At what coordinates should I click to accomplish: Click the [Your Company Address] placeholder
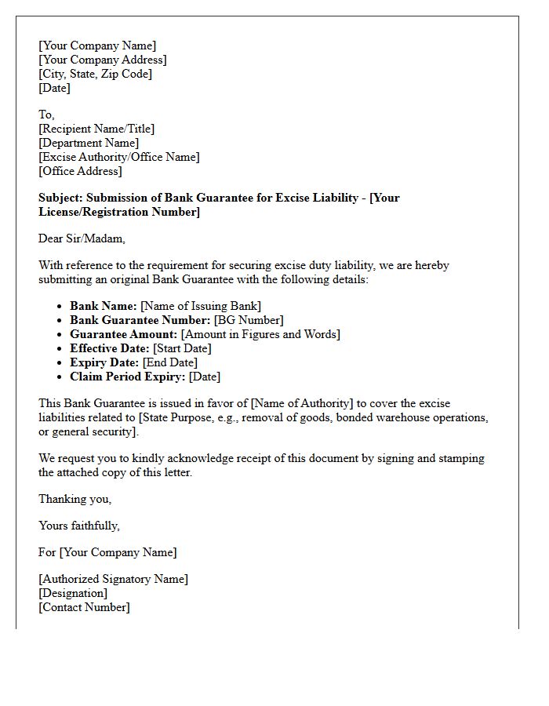(102, 60)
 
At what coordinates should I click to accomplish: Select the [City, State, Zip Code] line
(95, 74)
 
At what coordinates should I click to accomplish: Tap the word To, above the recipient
(47, 115)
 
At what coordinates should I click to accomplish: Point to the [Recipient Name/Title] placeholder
(96, 129)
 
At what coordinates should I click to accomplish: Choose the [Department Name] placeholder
(89, 143)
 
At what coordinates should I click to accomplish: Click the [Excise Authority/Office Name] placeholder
(118, 157)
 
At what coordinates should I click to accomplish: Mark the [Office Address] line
(80, 171)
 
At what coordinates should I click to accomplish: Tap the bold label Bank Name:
(104, 306)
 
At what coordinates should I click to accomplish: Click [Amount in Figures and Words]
(260, 334)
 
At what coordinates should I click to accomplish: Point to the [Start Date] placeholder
(182, 348)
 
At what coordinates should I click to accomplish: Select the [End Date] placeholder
(170, 362)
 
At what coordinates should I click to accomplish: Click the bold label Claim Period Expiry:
(128, 377)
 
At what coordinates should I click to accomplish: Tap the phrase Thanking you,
(75, 499)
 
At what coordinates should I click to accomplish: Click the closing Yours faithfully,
(79, 526)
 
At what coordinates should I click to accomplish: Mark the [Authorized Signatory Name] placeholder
(113, 579)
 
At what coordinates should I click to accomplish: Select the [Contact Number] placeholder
(84, 607)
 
